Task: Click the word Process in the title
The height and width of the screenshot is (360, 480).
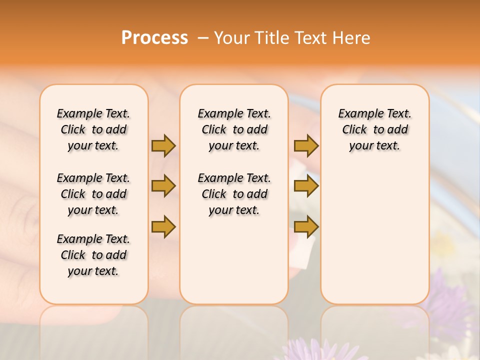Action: click(154, 38)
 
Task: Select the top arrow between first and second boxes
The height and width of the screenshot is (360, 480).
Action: click(163, 145)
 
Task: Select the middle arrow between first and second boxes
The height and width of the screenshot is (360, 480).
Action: click(163, 186)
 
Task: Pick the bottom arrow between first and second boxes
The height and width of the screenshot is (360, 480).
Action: click(163, 227)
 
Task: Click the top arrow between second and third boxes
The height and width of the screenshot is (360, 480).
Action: click(306, 145)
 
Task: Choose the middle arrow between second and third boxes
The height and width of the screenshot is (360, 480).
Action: click(306, 186)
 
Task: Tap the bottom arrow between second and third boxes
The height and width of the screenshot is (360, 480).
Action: click(306, 227)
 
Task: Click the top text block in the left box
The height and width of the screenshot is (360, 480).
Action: click(93, 129)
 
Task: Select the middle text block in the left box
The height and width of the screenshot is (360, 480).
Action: click(93, 194)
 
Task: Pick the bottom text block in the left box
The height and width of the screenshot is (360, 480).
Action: click(93, 255)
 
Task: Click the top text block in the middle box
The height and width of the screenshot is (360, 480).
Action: click(234, 129)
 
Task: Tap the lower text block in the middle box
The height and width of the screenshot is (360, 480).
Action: click(234, 194)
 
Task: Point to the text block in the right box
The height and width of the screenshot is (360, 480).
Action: click(375, 129)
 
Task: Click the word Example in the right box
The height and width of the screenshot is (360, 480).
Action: click(357, 114)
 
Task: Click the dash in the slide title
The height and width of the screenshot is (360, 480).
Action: click(203, 38)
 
